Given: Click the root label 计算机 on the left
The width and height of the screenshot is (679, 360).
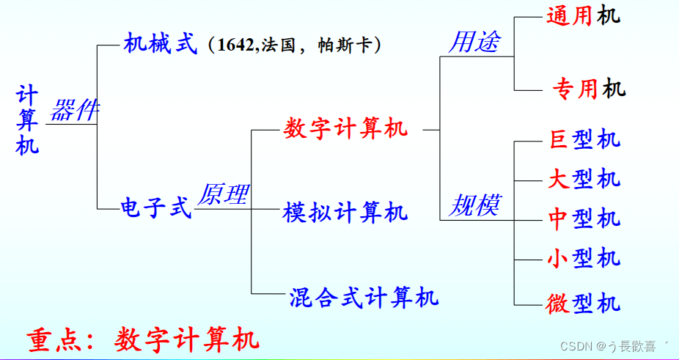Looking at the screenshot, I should [27, 120].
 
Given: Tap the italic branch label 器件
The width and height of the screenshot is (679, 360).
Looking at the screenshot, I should [74, 111].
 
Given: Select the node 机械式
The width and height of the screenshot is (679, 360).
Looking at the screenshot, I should [161, 44].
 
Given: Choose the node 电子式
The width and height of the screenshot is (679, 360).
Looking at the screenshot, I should [155, 207].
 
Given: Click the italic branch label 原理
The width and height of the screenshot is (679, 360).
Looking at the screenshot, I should [224, 194].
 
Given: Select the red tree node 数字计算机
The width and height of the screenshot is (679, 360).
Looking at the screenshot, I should [345, 129].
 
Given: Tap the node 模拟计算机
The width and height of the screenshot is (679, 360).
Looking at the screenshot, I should [345, 213].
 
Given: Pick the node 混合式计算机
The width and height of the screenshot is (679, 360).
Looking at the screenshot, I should [364, 296].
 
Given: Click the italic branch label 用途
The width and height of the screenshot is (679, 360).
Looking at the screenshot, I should [473, 42].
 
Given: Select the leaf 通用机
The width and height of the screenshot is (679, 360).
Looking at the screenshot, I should [583, 15].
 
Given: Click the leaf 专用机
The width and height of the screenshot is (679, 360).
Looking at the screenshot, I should [588, 89].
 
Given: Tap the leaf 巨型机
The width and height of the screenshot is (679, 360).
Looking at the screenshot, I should [584, 139].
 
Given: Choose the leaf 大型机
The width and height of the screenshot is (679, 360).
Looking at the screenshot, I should [584, 179].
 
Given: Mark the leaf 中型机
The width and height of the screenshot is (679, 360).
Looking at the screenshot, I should [584, 218].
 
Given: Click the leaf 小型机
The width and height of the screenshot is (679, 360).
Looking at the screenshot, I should [584, 257].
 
